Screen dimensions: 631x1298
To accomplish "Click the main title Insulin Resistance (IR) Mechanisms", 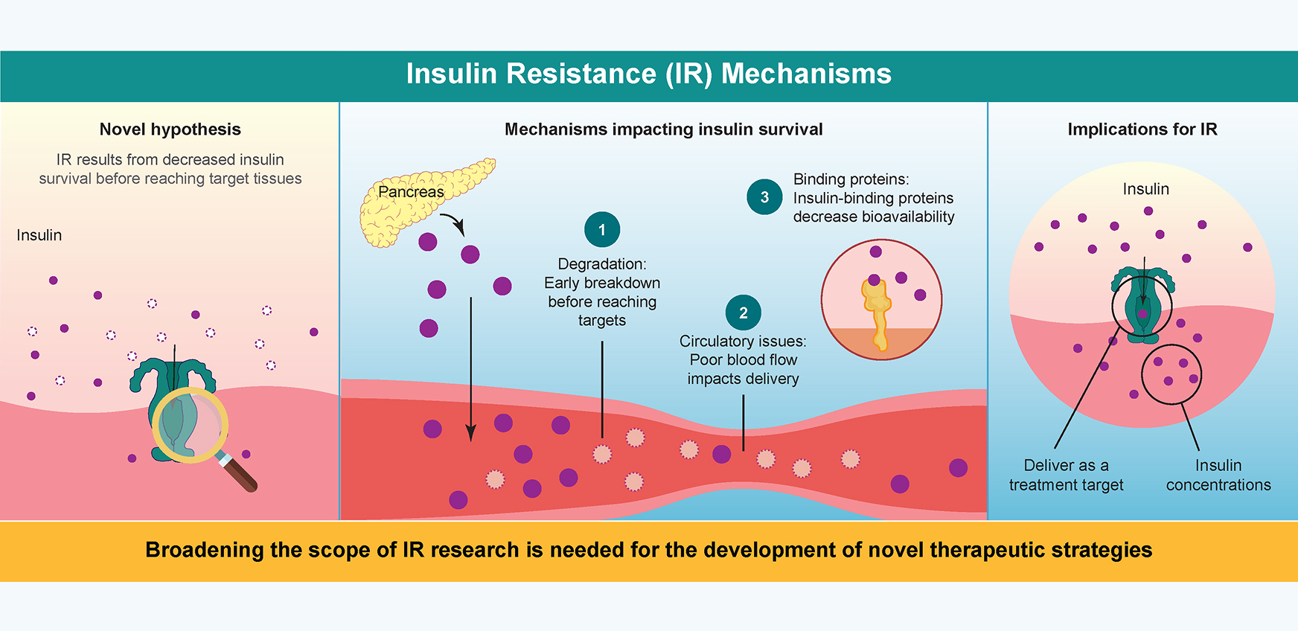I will [x=648, y=74].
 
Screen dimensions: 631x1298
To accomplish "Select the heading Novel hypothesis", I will [x=170, y=129].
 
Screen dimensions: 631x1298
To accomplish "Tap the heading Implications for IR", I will [x=1142, y=129].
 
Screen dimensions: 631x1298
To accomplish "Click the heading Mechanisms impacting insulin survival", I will [x=664, y=129].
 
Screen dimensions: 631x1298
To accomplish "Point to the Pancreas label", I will [x=411, y=192].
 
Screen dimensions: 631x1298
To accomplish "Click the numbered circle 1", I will [x=602, y=230].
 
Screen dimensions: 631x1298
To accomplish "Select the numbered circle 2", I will [x=743, y=313].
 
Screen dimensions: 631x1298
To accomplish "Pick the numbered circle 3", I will [x=764, y=197].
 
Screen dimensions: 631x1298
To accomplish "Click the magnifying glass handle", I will [x=240, y=473].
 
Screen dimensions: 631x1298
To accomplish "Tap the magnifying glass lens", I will [x=191, y=426].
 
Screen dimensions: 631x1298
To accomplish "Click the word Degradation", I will [x=601, y=264].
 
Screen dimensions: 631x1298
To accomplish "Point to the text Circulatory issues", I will [x=743, y=342].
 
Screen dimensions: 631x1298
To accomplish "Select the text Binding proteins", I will [x=851, y=179].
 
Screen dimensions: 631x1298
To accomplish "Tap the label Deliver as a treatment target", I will [x=1066, y=475].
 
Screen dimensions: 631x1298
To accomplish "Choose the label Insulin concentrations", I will [x=1218, y=475].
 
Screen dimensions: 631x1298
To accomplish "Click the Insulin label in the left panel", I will [x=39, y=235].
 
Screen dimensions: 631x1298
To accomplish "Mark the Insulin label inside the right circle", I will [x=1145, y=190].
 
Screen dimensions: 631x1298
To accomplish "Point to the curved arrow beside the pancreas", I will [x=453, y=222].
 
